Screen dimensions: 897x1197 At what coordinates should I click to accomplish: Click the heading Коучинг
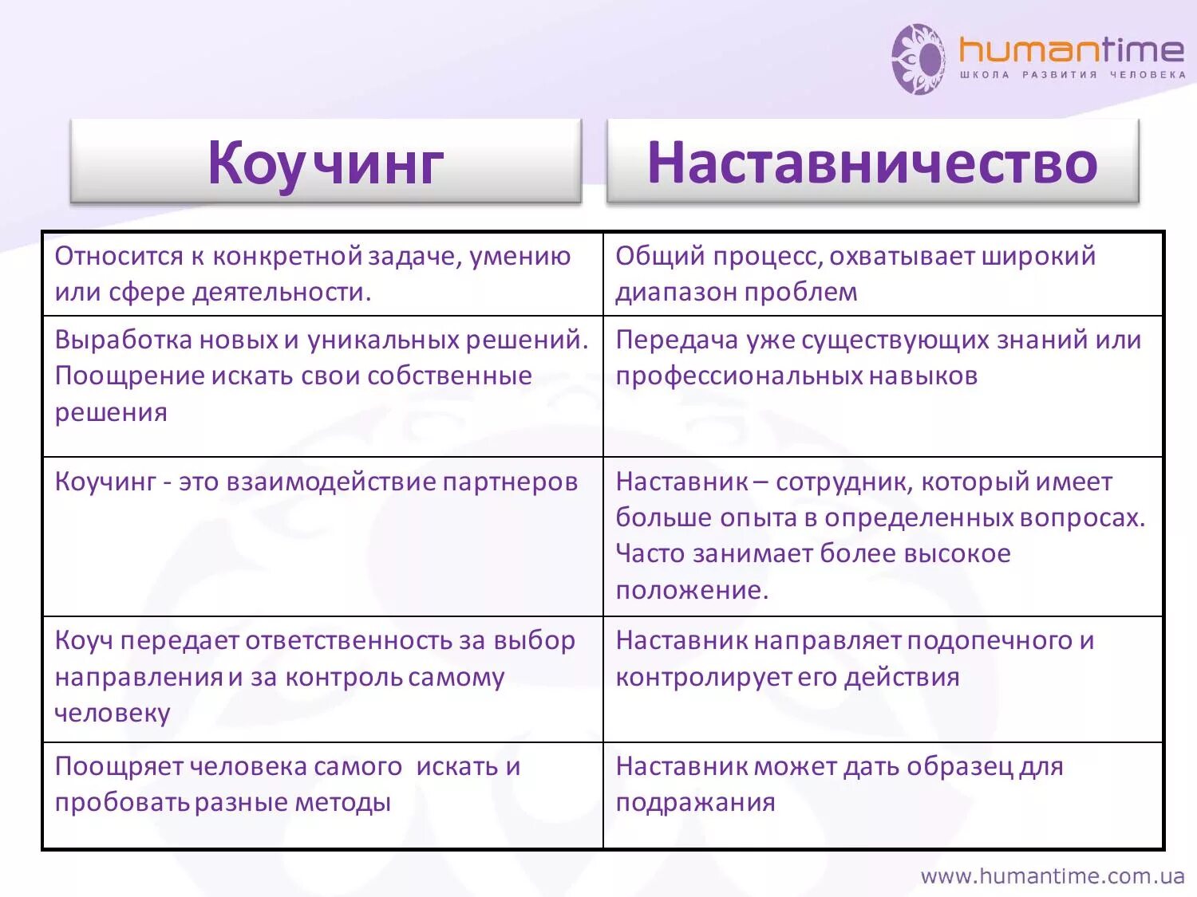coord(326,163)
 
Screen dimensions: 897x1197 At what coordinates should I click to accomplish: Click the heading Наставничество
coord(872,163)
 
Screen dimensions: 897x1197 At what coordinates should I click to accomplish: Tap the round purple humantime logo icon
coord(918,59)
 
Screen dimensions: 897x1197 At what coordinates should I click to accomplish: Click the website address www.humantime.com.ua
coord(1052,876)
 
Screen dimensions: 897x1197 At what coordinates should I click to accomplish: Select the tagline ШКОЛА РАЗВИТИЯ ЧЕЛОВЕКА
coord(1072,75)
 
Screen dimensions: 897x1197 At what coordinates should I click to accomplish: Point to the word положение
coord(691,590)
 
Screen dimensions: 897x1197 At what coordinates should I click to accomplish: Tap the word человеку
coord(112,713)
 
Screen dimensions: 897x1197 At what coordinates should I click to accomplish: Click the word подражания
coord(695,803)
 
